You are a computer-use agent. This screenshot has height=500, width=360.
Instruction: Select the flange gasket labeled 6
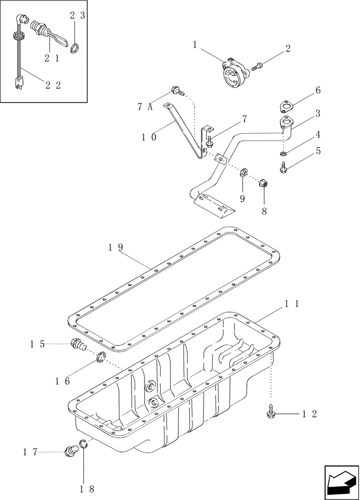coord(286,106)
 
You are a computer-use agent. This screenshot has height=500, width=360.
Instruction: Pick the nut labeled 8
coord(263,184)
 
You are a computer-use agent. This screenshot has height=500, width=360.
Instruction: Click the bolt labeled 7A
coord(177,90)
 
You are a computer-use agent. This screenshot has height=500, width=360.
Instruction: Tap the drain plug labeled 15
coord(77,344)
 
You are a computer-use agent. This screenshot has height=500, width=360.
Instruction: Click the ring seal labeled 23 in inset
coord(75,48)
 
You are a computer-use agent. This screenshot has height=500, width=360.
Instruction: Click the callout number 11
coord(292,303)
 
